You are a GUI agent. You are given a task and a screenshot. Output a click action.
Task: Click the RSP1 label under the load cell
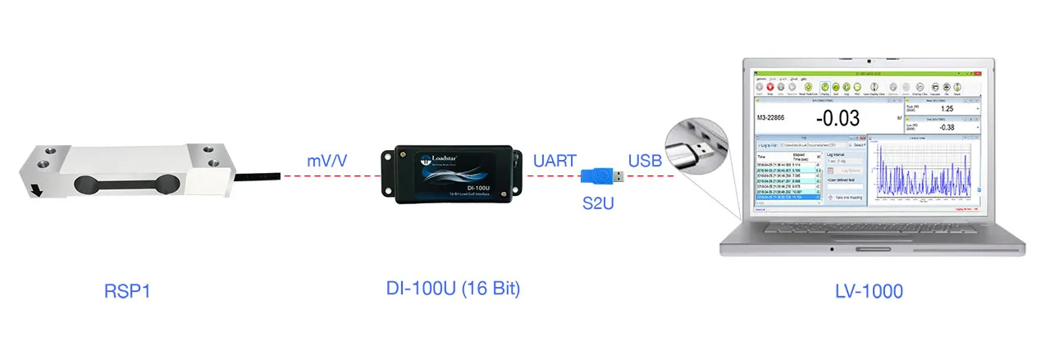pyautogui.click(x=129, y=291)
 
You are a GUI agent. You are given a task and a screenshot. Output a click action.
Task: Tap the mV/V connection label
pyautogui.click(x=326, y=161)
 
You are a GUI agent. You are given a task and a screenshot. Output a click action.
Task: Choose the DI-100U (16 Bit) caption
pyautogui.click(x=454, y=289)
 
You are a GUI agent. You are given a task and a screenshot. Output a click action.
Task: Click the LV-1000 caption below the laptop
pyautogui.click(x=869, y=291)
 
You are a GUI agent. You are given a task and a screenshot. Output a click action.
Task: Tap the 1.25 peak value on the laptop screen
pyautogui.click(x=947, y=108)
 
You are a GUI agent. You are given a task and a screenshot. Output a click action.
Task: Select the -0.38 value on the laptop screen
pyautogui.click(x=947, y=127)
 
